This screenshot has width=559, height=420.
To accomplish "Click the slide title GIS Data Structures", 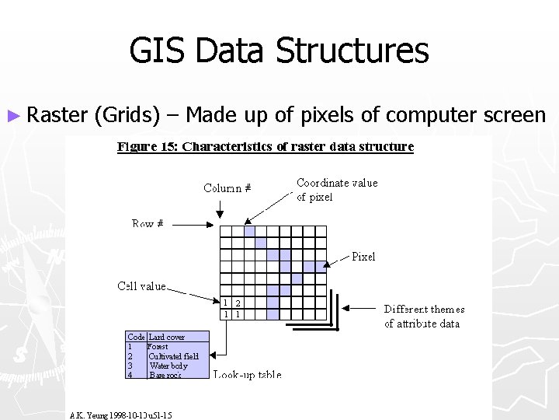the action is (279, 51).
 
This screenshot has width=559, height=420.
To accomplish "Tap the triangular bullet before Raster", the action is (14, 115).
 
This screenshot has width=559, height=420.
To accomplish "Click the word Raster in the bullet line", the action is (57, 115).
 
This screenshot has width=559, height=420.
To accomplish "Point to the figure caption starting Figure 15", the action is (266, 146).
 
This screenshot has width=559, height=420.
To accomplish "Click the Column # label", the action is (227, 187).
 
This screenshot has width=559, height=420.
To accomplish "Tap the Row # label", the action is (148, 223).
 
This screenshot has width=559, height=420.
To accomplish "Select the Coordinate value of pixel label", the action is (337, 190).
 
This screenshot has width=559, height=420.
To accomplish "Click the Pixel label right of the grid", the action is (363, 256).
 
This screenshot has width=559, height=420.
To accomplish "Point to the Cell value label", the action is (141, 286).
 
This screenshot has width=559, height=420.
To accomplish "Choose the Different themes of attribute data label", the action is (424, 316).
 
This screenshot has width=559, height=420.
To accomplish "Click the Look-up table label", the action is (248, 375).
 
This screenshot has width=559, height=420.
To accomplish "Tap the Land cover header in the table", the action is (167, 337).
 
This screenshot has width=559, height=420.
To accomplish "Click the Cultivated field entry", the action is (174, 356).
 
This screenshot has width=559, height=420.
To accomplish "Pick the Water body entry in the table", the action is (168, 366).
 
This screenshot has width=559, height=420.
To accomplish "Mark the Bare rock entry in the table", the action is (165, 375).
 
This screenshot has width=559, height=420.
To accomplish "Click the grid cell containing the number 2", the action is (238, 303).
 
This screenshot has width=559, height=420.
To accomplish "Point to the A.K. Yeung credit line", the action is (120, 415).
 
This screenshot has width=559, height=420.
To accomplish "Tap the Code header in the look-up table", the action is (136, 337).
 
